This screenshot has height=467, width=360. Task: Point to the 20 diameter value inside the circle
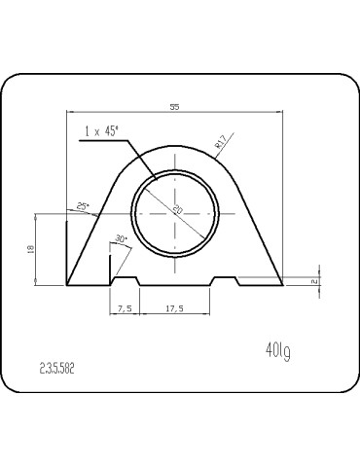click(178, 210)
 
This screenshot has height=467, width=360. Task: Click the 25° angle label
click(83, 206)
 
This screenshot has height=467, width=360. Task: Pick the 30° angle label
click(121, 238)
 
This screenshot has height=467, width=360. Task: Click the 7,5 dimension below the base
click(125, 307)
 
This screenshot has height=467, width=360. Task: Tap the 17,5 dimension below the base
click(175, 307)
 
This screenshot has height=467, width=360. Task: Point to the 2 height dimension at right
click(314, 281)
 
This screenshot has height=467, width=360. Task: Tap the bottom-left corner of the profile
click(66, 286)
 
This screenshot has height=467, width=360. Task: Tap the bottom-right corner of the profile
click(283, 286)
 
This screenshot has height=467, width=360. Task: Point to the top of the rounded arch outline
click(175, 146)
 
